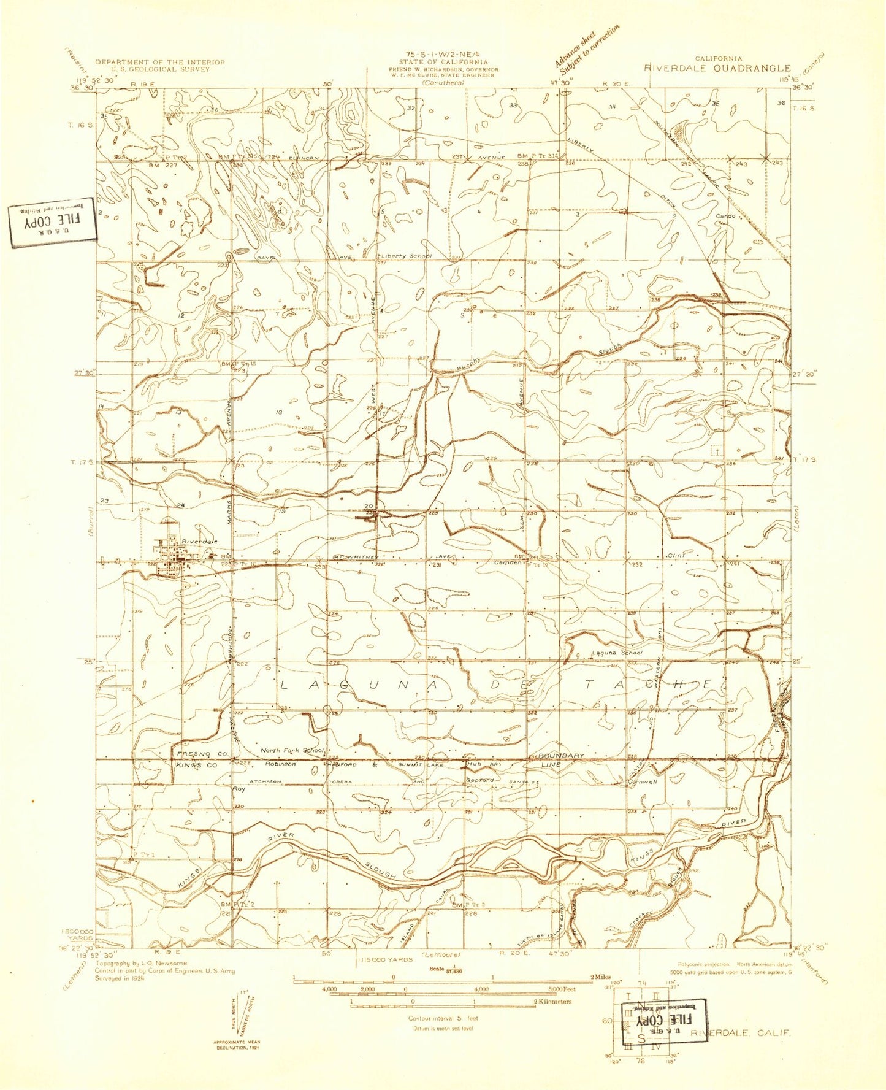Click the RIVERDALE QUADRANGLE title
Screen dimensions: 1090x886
click(717, 69)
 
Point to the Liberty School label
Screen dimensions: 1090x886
click(407, 256)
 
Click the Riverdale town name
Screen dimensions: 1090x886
click(199, 542)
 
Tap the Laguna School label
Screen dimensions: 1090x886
click(616, 653)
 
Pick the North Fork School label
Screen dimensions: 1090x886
click(292, 750)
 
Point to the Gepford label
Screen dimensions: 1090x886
click(480, 780)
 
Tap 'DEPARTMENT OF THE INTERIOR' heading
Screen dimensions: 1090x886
click(160, 62)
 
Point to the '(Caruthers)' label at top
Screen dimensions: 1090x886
click(443, 82)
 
